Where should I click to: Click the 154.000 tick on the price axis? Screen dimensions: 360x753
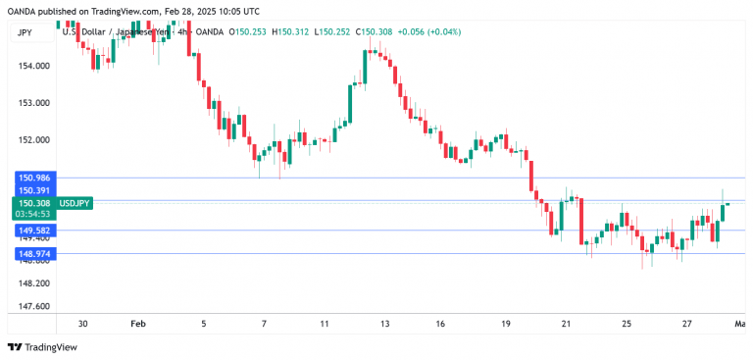coord(33,67)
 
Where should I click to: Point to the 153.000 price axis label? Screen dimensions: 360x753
coord(33,102)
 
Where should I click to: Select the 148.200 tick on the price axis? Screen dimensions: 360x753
coord(33,283)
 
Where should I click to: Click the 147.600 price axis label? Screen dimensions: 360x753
coord(33,306)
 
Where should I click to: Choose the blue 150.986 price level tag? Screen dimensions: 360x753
coord(33,178)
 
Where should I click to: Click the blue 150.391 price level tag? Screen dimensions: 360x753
coord(33,190)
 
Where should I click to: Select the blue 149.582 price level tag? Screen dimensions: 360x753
coord(33,231)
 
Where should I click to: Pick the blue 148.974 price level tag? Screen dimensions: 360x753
coord(33,254)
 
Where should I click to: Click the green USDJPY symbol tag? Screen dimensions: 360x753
coord(75,203)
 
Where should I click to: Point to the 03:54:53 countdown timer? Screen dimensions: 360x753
coord(33,214)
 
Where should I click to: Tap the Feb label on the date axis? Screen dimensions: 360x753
coord(137,324)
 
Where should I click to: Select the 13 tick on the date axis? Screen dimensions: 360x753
coord(385,324)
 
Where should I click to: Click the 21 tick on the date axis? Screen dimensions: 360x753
coord(566,324)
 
